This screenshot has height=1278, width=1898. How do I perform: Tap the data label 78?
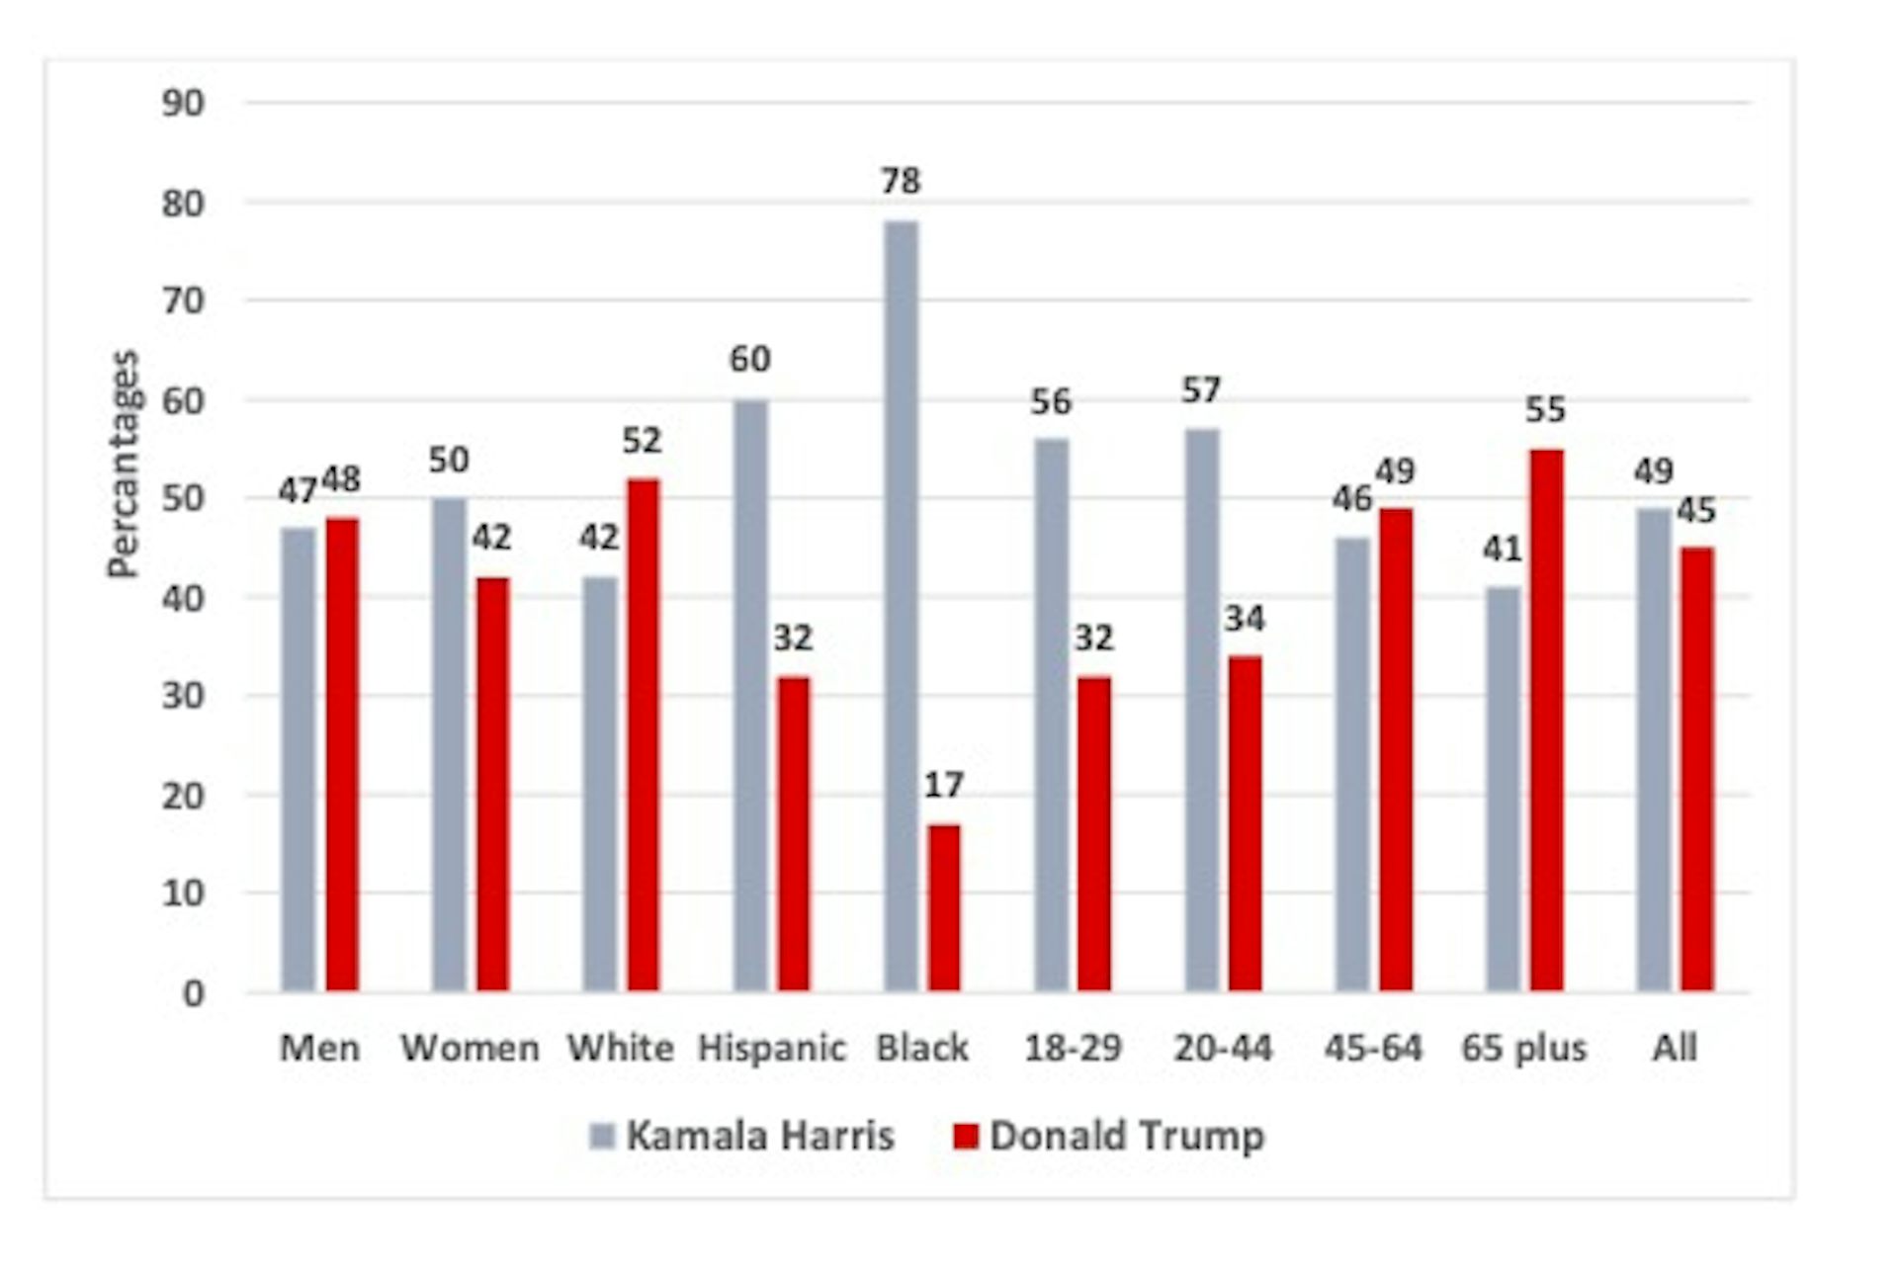pyautogui.click(x=901, y=182)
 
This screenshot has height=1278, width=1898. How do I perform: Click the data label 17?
pyautogui.click(x=943, y=786)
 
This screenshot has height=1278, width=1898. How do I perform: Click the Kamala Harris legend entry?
pyautogui.click(x=742, y=1136)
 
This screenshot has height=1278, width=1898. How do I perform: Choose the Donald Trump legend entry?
pyautogui.click(x=1108, y=1136)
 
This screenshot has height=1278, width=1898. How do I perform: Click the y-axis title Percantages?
pyautogui.click(x=125, y=465)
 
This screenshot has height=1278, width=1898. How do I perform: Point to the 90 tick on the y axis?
pyautogui.click(x=183, y=104)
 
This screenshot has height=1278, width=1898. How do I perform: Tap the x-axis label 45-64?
pyautogui.click(x=1373, y=1048)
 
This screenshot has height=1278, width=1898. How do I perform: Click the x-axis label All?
pyautogui.click(x=1674, y=1048)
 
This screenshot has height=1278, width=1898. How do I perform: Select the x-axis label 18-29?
pyautogui.click(x=1073, y=1048)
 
